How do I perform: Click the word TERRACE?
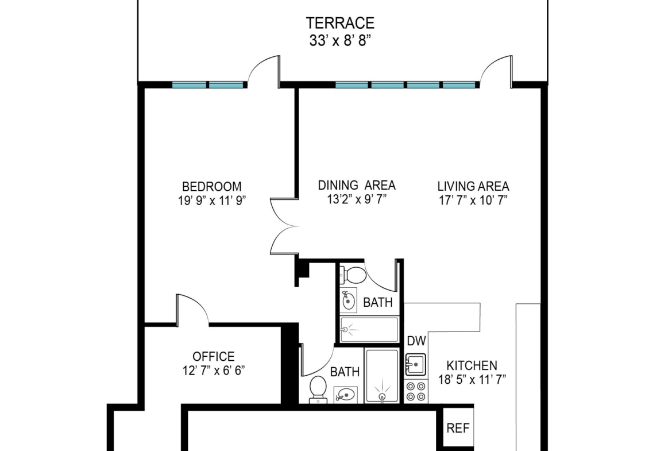point(340,23)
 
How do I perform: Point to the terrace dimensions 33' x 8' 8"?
point(340,41)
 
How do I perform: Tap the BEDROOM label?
point(212,187)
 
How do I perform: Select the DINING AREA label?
point(357,185)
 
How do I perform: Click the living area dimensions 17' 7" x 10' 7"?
point(473,200)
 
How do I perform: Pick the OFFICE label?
point(214,356)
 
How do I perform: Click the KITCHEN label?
point(472,366)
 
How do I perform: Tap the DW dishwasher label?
point(416,341)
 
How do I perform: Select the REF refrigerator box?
point(458,428)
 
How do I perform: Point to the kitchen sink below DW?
point(415,364)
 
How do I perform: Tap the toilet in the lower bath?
point(318,390)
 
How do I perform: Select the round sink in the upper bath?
point(349,300)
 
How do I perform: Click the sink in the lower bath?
point(345,395)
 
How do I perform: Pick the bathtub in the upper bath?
point(369,329)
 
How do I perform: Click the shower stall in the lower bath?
point(382,376)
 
